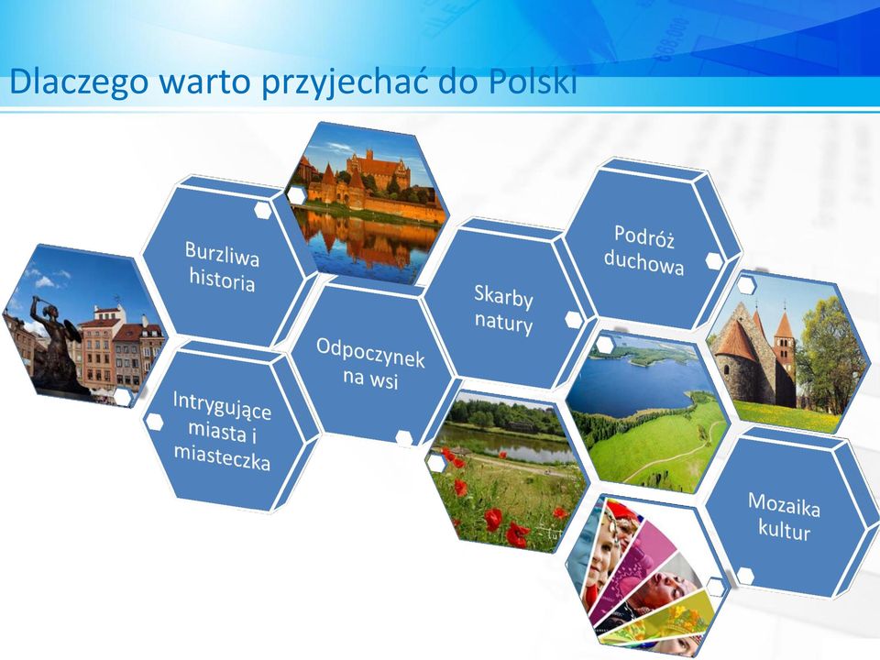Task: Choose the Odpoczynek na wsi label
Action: [x=370, y=363]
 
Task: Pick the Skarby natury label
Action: [x=503, y=309]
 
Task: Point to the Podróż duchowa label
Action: [x=643, y=250]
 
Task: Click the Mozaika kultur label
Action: [x=784, y=516]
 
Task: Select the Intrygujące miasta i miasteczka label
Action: [x=222, y=431]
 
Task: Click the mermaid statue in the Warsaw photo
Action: [x=53, y=342]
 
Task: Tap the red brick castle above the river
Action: [x=370, y=180]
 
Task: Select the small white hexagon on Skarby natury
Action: [x=573, y=319]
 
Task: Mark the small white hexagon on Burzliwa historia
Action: [x=263, y=211]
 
